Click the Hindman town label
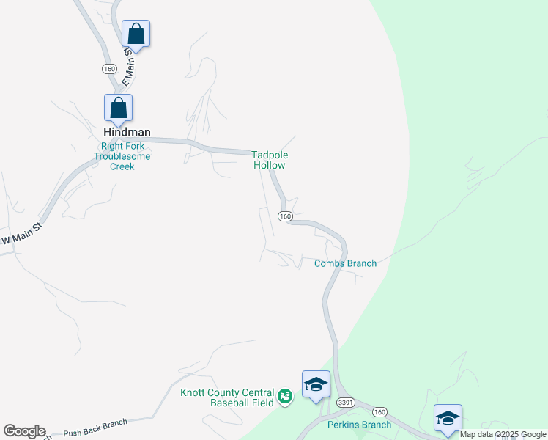point(127,132)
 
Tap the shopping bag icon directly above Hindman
point(118,109)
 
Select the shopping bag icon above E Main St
point(136,34)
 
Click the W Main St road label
point(23,239)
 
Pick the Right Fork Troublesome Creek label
point(122,156)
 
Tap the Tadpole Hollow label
point(269,160)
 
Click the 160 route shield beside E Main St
point(109,68)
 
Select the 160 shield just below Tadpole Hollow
point(285,216)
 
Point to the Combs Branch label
point(345,263)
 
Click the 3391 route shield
point(346,403)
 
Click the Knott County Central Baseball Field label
point(227,397)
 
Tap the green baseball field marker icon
point(285,397)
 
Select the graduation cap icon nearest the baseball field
point(316,385)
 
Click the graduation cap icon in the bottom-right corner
point(448,418)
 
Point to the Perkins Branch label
point(359,425)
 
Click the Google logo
point(24,431)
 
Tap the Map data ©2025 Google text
point(503,434)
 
